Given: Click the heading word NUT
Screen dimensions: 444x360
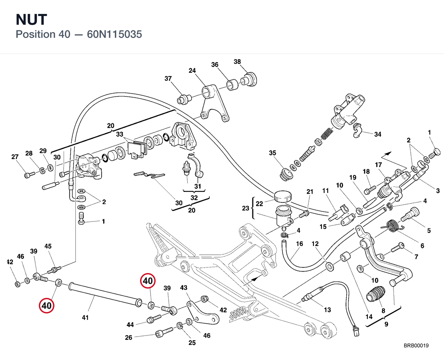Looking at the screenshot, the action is pos(31,20).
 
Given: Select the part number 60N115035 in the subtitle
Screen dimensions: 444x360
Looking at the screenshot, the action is pos(114,34).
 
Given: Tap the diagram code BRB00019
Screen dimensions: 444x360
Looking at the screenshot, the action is pos(416,346).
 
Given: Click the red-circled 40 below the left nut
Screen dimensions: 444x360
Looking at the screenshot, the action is pos(46,306).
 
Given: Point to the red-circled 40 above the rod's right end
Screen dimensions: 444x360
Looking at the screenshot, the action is pos(148,281).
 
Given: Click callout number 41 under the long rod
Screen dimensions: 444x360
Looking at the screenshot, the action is pos(85,318).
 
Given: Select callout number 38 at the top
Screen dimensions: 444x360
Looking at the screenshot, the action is pos(237,62).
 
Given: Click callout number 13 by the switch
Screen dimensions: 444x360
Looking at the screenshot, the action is pos(327,310).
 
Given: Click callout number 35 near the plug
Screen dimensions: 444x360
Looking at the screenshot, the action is pos(272,153).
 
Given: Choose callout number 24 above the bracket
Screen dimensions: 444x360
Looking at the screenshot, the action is pos(192,71).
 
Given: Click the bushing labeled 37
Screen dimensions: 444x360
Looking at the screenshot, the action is pos(184,99).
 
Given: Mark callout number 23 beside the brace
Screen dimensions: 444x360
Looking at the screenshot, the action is pos(245,208).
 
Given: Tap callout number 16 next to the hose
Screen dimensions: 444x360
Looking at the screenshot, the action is pos(300,244).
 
